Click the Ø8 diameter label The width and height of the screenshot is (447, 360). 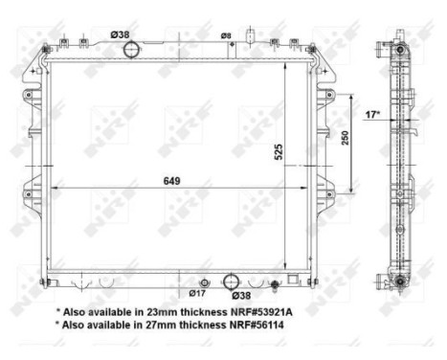coord(226,35)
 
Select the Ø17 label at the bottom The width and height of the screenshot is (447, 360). coord(198,294)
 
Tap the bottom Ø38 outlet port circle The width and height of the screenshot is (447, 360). coord(231,281)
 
